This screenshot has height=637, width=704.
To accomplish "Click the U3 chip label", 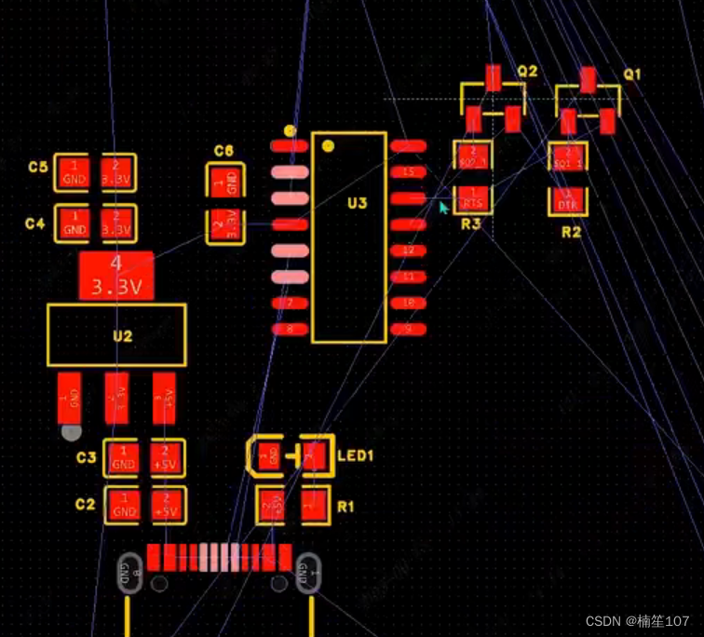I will click(357, 204).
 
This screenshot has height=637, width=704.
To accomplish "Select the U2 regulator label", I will click(123, 335).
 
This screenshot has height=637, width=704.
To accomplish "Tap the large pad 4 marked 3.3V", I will click(115, 277).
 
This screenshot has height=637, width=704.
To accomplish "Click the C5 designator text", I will click(37, 168).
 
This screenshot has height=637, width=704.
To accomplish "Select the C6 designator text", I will click(223, 151).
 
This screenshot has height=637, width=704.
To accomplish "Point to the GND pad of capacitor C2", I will click(123, 506).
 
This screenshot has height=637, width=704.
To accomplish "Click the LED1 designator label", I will click(355, 456).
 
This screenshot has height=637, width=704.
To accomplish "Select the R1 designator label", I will click(346, 508).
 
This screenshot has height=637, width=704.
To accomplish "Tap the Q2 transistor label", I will click(527, 72).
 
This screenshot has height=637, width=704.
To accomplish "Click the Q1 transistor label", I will click(632, 74).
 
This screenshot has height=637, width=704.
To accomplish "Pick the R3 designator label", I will click(470, 224).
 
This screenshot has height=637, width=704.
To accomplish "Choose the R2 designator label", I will click(571, 232).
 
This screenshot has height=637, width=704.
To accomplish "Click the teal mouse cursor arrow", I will click(444, 208).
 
